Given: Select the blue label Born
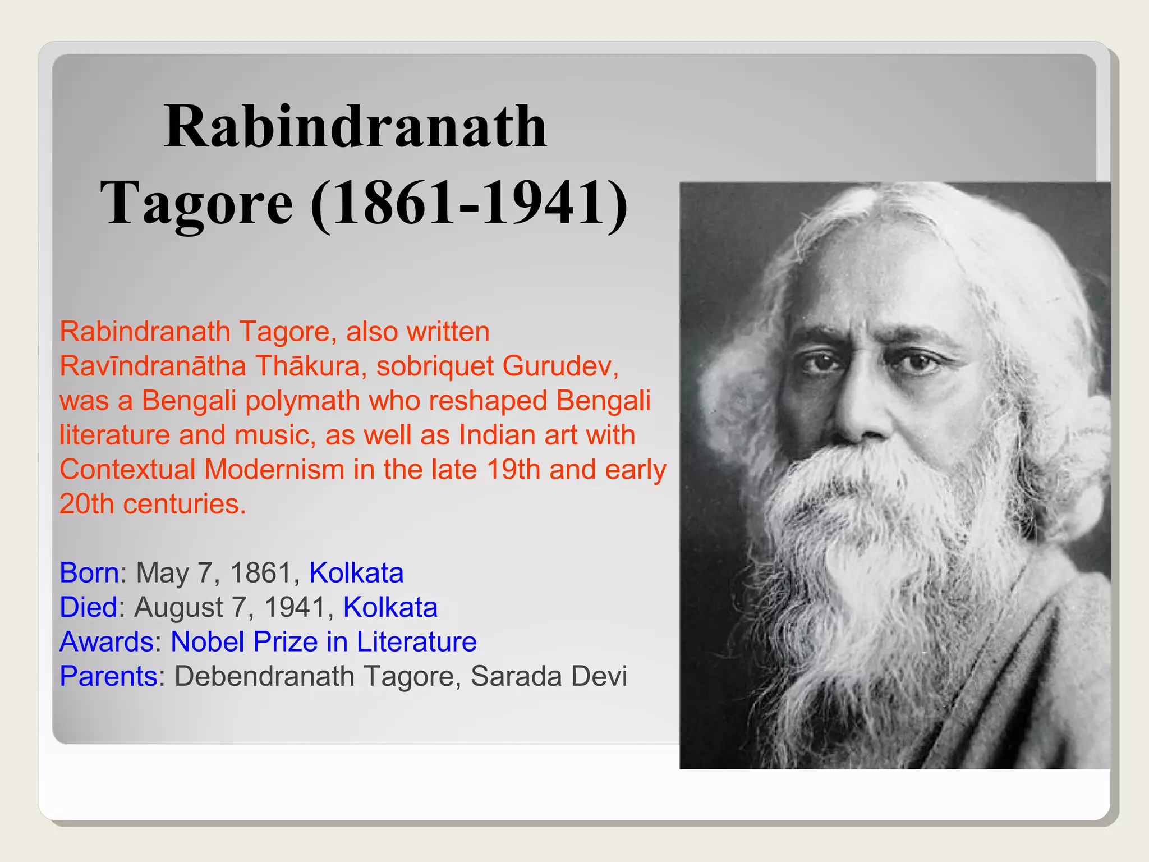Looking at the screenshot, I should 89,573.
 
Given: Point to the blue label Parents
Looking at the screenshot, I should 109,676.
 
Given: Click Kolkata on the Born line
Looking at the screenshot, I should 356,573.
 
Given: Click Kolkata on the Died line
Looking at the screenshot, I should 390,607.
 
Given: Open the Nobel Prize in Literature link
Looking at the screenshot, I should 324,642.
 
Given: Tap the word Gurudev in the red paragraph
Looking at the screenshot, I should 560,366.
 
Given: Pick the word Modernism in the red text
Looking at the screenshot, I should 274,470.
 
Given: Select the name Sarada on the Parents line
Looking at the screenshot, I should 516,676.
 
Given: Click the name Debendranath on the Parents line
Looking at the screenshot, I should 265,676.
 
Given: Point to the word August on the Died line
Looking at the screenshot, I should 179,607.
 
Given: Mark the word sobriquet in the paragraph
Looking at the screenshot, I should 435,366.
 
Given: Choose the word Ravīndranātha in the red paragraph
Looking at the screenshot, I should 153,366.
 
